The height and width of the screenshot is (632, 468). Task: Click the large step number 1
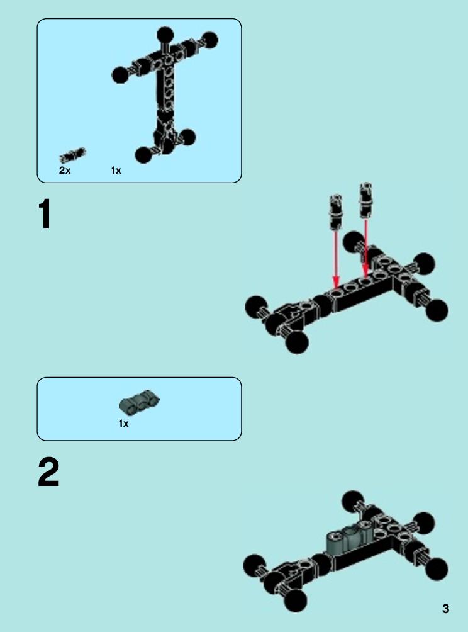pos(45,214)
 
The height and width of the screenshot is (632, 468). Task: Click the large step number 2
pos(48,472)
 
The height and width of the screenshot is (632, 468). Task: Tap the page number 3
pos(445,608)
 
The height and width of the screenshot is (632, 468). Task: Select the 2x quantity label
pos(64,171)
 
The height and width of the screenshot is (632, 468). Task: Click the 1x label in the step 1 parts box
pos(116,171)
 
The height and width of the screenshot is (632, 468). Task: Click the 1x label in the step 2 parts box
pos(124,424)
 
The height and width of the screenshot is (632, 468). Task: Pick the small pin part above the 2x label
pos(72,155)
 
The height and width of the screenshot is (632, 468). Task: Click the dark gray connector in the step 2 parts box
pos(140,402)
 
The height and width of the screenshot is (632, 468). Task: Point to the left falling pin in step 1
pos(335,212)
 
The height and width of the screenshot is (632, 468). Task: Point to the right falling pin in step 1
pos(365,200)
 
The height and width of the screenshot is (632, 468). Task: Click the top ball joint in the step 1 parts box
pos(165,35)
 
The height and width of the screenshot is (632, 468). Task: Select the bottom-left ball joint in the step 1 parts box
pos(143,155)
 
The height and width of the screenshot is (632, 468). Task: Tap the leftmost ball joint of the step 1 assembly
pos(256,307)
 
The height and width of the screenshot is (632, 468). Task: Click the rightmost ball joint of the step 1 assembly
pos(437,310)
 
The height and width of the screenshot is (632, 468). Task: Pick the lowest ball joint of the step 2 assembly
pos(296,601)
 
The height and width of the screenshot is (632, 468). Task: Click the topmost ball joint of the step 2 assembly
pos(354,502)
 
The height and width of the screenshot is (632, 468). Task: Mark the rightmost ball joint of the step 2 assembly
pos(436,569)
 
